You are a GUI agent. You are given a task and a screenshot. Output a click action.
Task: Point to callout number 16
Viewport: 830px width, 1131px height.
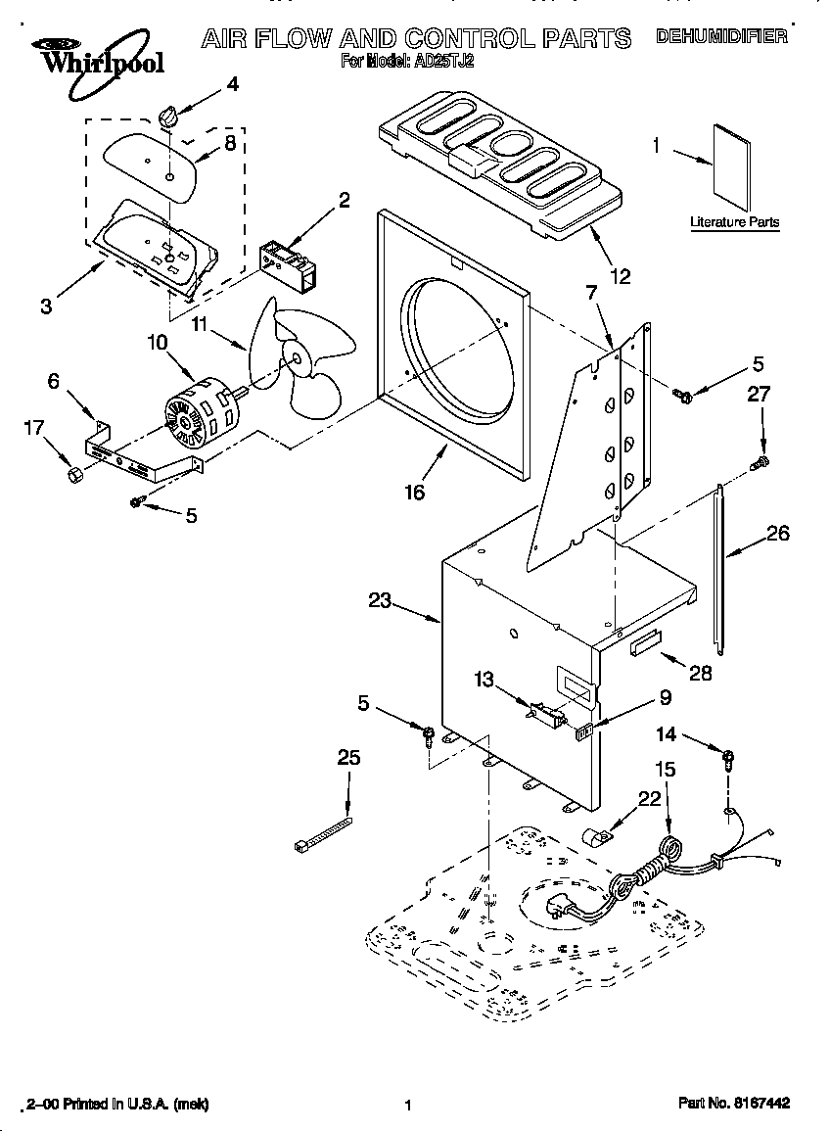tap(414, 493)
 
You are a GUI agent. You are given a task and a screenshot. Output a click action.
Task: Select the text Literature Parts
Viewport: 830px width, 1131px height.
tap(735, 222)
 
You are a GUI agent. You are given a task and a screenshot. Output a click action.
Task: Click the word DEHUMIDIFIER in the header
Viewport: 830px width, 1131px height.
tap(722, 37)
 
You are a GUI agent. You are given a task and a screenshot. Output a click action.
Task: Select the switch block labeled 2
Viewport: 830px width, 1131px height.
tap(288, 261)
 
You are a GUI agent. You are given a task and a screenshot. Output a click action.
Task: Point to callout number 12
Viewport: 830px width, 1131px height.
tap(619, 276)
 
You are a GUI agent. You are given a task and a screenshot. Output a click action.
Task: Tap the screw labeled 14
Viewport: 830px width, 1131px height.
tap(729, 757)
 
